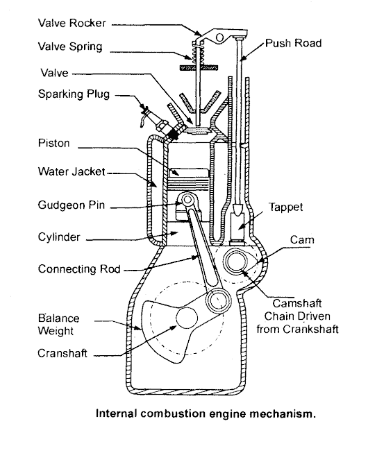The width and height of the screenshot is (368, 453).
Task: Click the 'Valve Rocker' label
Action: [72, 23]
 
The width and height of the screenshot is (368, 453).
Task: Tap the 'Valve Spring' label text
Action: [70, 46]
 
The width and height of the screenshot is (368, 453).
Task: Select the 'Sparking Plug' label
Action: [74, 94]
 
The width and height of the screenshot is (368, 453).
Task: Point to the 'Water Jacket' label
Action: [72, 171]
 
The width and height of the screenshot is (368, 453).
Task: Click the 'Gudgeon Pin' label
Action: [71, 205]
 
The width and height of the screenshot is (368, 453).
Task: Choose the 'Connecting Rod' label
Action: [79, 269]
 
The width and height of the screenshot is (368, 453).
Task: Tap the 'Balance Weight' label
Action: [59, 325]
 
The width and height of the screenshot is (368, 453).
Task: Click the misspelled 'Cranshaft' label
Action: [62, 353]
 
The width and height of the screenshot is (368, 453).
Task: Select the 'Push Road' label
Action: [294, 43]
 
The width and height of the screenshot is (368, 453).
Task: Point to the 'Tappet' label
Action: [286, 207]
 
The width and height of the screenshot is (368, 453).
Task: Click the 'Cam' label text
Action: [302, 240]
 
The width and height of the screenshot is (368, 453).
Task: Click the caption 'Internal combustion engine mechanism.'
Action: [206, 413]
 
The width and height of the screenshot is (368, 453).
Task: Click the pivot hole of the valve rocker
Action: [219, 37]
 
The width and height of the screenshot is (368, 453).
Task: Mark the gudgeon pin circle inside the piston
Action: [187, 199]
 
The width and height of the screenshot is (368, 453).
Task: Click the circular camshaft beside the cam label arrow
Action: [237, 262]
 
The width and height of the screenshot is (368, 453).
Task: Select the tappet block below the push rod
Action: [237, 228]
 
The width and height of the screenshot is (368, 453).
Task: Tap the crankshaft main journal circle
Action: [187, 318]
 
